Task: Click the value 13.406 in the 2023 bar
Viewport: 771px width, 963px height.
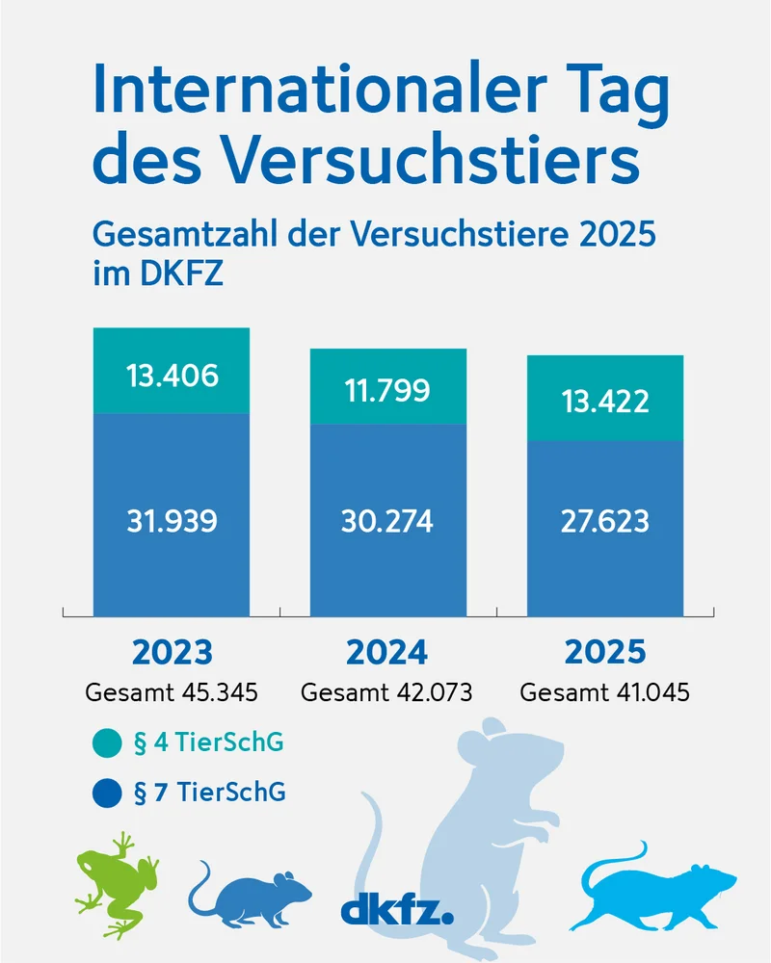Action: [172, 376]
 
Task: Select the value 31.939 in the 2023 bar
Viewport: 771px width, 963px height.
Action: [172, 521]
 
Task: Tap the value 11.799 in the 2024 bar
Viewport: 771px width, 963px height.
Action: [387, 390]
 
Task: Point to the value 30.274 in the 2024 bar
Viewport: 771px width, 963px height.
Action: [387, 521]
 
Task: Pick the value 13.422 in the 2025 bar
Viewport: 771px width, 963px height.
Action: [604, 401]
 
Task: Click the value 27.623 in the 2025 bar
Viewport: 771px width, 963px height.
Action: [604, 521]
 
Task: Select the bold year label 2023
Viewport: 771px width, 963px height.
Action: [172, 652]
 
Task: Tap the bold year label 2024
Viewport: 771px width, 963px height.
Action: [387, 652]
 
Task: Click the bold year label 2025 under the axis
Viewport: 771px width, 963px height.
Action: [604, 652]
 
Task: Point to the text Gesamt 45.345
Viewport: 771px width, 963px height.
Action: [172, 692]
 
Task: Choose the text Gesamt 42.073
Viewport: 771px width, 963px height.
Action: [387, 692]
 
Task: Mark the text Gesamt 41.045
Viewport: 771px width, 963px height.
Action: [604, 692]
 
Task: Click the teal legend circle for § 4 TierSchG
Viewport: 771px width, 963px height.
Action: [107, 744]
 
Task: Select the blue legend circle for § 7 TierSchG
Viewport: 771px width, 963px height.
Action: [107, 794]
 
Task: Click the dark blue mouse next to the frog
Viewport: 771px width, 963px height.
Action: [253, 891]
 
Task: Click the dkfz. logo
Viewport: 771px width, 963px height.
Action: [396, 908]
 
